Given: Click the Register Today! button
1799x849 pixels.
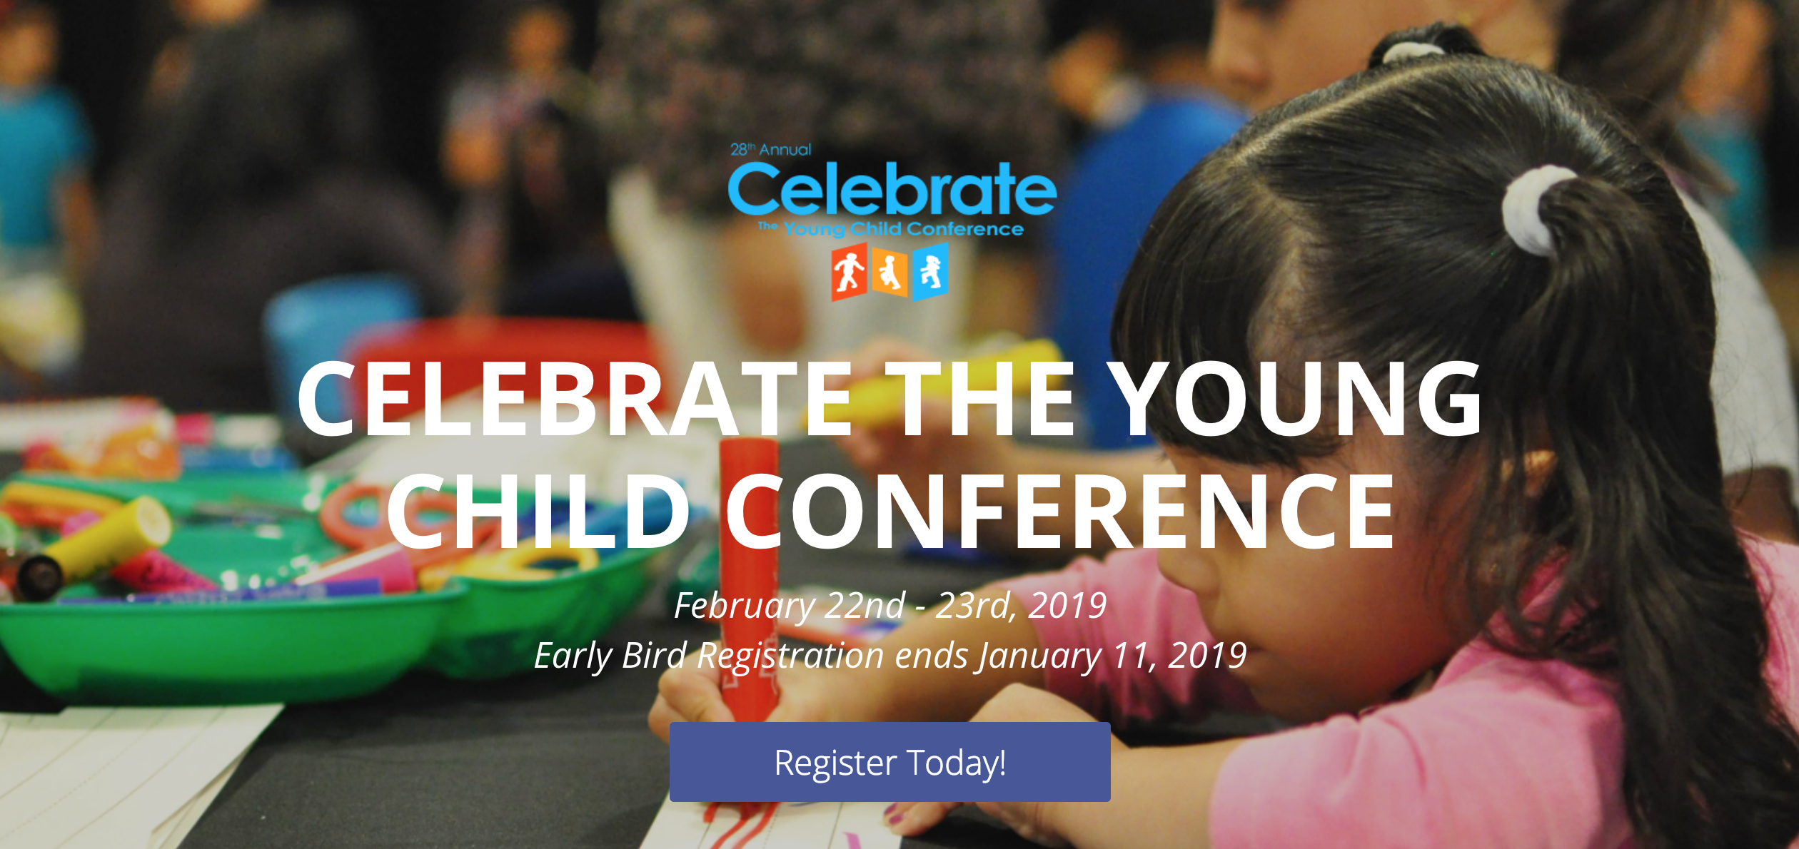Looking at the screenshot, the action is coord(890,761).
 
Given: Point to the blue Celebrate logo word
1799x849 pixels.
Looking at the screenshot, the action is coord(892,188).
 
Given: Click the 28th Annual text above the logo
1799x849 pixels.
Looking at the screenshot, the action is coord(770,149).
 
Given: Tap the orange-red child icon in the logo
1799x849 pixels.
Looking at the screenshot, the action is coord(849,272).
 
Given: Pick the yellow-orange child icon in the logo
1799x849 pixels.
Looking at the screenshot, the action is coord(890,272).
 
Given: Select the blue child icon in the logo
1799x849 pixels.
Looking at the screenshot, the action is coord(930,272).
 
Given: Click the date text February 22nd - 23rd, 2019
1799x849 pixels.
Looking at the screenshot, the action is coord(890,605).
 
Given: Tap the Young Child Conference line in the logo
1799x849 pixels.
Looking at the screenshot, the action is coord(903,229).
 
